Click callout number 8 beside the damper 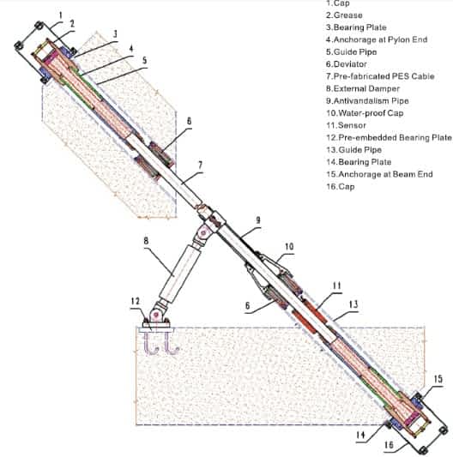pos(146,241)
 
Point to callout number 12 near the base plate pos(136,301)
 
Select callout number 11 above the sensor pos(337,286)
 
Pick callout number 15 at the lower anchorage pos(438,379)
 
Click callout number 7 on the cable pos(200,165)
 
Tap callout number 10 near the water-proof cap pos(289,247)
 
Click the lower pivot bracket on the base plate pos(156,316)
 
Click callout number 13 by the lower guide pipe pos(353,304)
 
